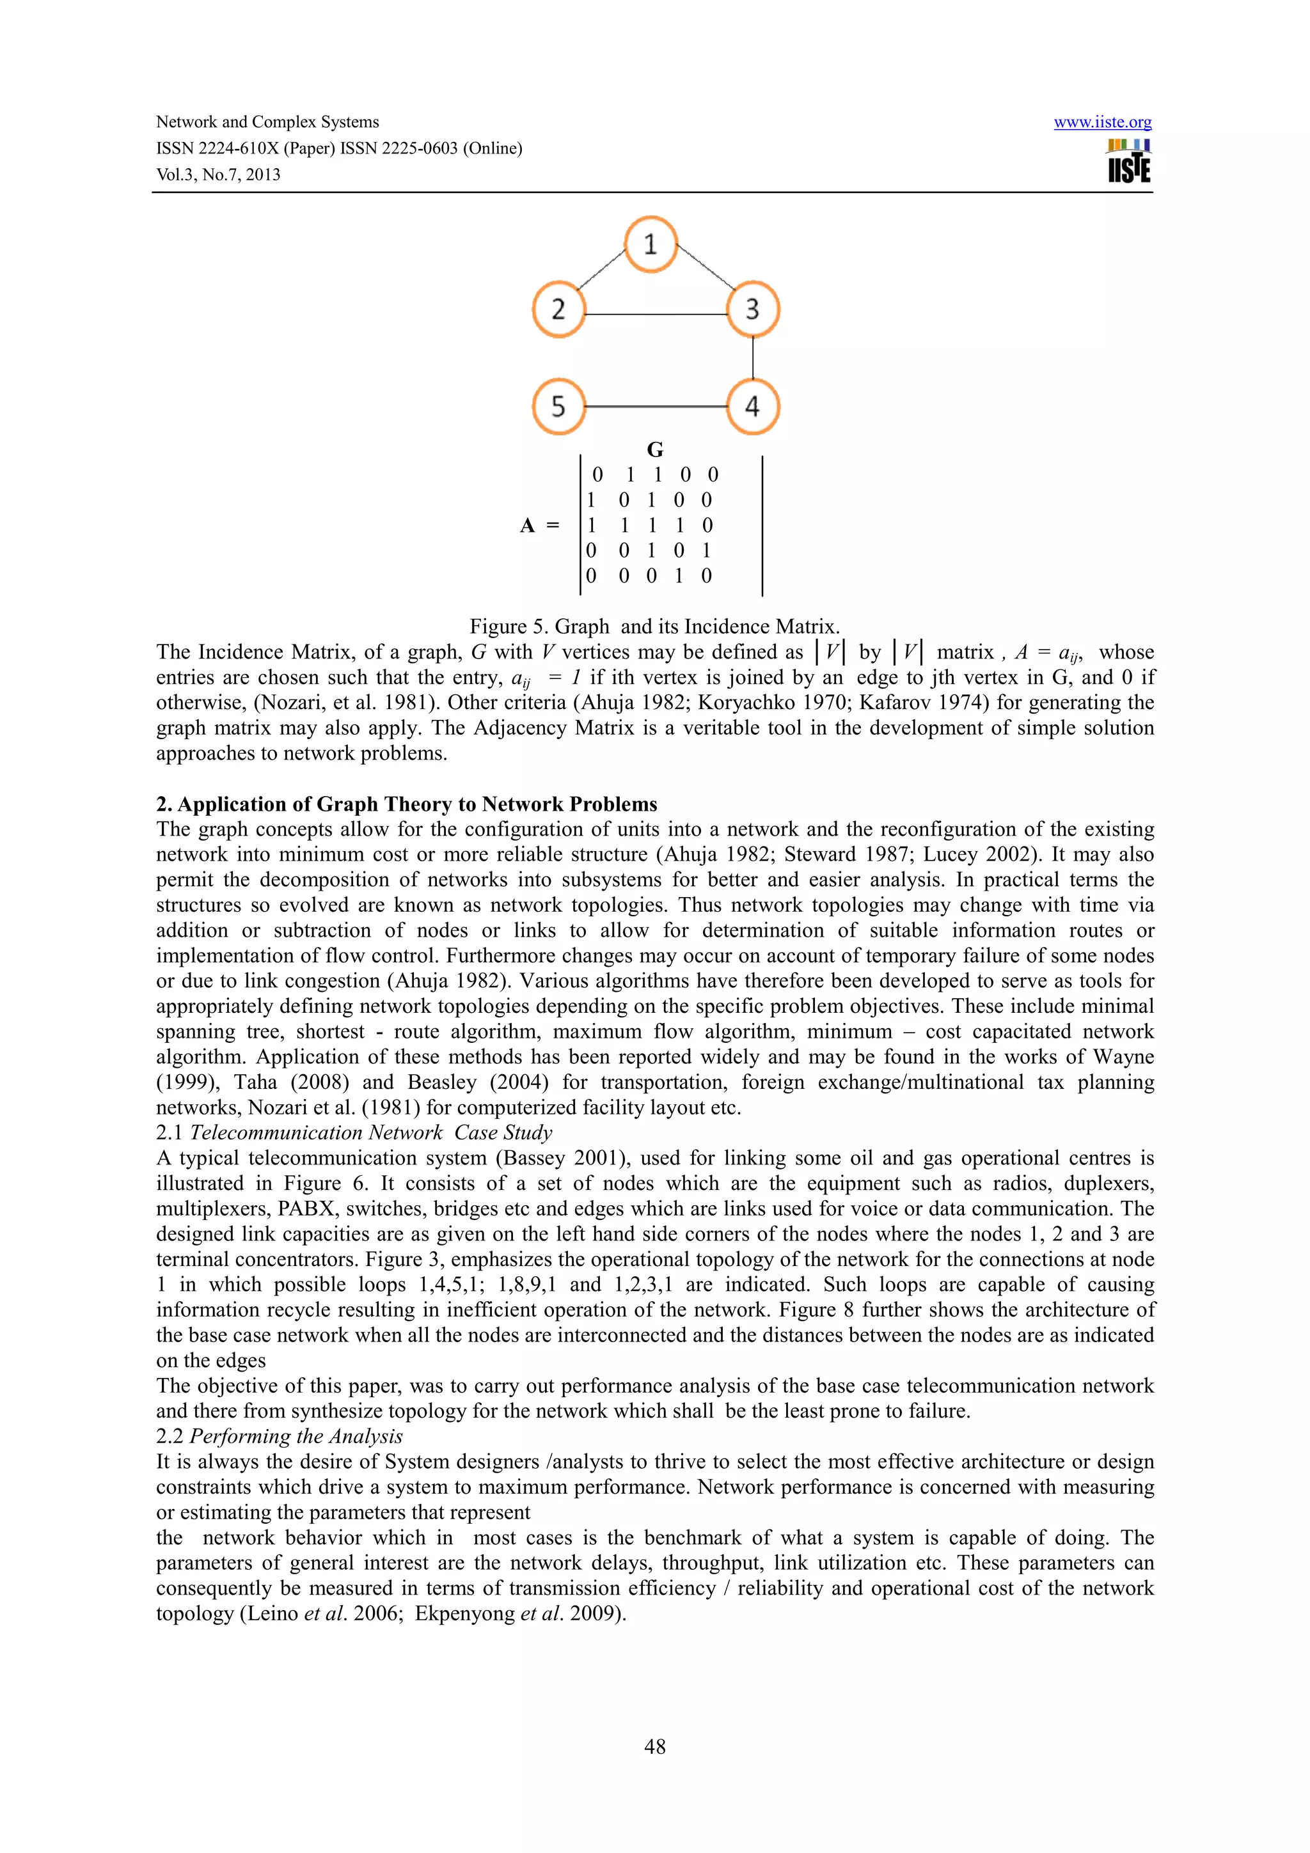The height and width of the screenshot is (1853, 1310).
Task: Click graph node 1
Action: pyautogui.click(x=651, y=244)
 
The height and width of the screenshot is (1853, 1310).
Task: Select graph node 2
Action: pyautogui.click(x=558, y=309)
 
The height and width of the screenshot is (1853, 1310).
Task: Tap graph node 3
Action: pyautogui.click(x=752, y=309)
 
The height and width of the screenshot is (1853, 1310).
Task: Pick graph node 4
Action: pyautogui.click(x=752, y=406)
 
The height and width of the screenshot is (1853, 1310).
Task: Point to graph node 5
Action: pyautogui.click(x=558, y=406)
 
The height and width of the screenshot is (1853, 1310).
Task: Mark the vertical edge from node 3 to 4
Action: pyautogui.click(x=753, y=357)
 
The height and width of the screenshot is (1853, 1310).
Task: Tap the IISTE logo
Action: pyautogui.click(x=1128, y=161)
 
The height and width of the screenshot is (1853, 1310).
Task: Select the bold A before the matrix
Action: pyautogui.click(x=527, y=526)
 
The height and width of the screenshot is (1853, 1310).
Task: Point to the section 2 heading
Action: pyautogui.click(x=407, y=804)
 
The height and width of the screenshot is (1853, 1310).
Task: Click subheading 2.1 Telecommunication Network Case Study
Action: pyautogui.click(x=354, y=1133)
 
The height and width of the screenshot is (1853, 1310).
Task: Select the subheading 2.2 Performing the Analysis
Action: pyautogui.click(x=280, y=1437)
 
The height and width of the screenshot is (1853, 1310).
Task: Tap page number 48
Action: pyautogui.click(x=654, y=1746)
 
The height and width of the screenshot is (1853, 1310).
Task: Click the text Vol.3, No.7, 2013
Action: pyautogui.click(x=218, y=175)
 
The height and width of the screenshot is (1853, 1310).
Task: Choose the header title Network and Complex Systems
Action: pyautogui.click(x=267, y=123)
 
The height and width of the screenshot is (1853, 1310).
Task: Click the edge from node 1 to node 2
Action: pyautogui.click(x=601, y=270)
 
